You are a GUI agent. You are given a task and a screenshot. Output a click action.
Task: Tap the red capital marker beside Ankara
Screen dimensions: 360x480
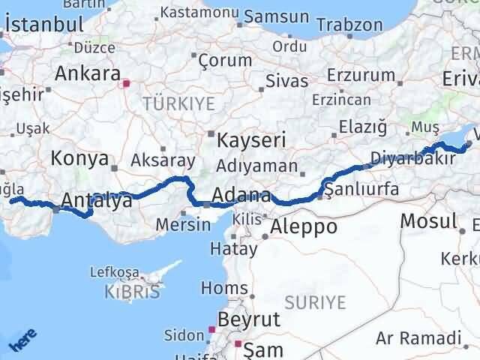click(127, 85)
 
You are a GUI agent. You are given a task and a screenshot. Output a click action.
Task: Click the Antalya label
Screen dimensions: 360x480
click(97, 200)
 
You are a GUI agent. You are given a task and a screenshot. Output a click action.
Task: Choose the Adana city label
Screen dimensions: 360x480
click(241, 196)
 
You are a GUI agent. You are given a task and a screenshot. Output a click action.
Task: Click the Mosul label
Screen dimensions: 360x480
click(428, 220)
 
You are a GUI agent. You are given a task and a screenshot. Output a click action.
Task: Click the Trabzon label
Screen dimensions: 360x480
click(349, 24)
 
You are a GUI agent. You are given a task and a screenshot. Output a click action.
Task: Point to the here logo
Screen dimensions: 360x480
click(20, 341)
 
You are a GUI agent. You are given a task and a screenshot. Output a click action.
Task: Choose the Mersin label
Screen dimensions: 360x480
click(184, 223)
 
